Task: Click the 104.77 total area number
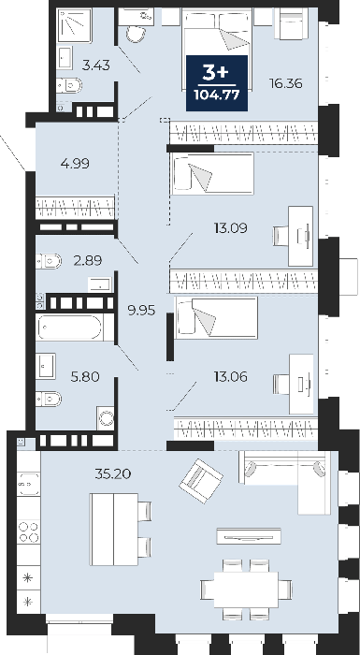(x=217, y=95)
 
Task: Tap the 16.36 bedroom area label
(x=285, y=83)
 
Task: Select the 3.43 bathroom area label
(x=96, y=65)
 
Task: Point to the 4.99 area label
(x=75, y=164)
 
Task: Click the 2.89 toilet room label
(x=88, y=261)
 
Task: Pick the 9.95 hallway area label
(x=141, y=311)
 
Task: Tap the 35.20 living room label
(x=113, y=473)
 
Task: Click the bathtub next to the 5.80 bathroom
(x=70, y=327)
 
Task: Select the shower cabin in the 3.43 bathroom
(x=75, y=25)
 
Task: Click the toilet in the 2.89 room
(x=49, y=261)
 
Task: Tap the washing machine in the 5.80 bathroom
(x=106, y=417)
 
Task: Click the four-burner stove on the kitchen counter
(x=29, y=531)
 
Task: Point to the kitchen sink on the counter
(x=29, y=484)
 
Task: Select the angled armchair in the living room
(x=201, y=481)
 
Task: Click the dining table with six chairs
(x=246, y=589)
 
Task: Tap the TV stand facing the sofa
(x=249, y=536)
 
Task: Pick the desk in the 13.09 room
(x=301, y=236)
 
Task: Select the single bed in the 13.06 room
(x=216, y=317)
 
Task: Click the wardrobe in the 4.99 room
(x=75, y=208)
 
